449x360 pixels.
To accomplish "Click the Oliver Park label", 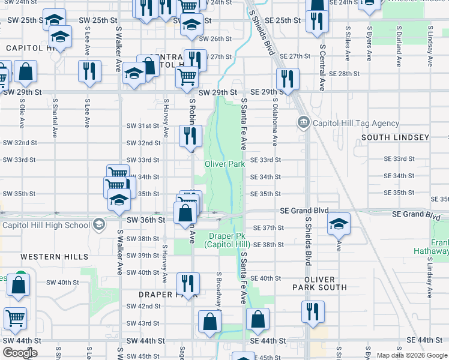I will [224, 164].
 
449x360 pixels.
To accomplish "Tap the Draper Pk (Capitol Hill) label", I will [227, 240].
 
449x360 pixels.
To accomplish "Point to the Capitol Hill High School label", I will [46, 226].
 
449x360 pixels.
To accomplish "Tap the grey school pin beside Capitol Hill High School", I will [98, 226].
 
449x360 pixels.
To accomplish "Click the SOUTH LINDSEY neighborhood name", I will [396, 137].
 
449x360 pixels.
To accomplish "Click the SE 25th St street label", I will [282, 20].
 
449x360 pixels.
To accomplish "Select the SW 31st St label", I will [143, 126].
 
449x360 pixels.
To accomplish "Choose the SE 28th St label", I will [344, 73].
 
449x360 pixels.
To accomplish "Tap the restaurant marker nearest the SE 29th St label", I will [288, 79].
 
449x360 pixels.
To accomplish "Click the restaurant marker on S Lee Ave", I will [89, 70].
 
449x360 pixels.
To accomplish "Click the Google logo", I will [20, 353].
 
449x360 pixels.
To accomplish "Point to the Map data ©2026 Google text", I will [411, 355].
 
